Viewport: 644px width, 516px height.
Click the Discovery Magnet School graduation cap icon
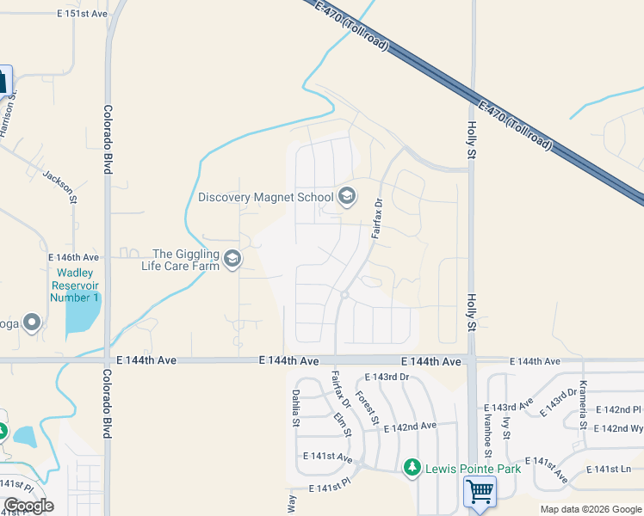click(347, 197)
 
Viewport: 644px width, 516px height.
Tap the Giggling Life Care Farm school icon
click(232, 259)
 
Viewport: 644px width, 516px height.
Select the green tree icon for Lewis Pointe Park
click(412, 468)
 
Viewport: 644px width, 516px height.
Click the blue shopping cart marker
click(480, 493)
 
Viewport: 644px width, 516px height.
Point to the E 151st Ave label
click(83, 15)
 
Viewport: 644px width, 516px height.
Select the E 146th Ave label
click(74, 257)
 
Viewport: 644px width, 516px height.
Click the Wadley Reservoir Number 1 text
click(74, 285)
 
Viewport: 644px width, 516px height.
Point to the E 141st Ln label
click(609, 470)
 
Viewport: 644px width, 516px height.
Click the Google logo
click(28, 506)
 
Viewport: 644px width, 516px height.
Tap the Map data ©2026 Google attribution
click(590, 509)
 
